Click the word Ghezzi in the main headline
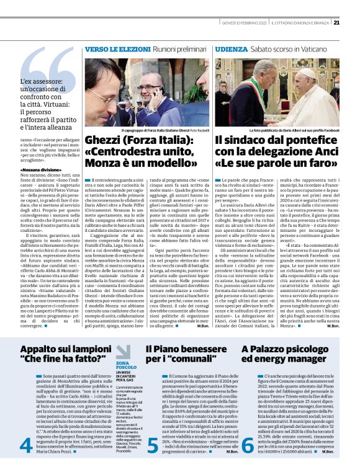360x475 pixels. [x=105, y=141]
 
